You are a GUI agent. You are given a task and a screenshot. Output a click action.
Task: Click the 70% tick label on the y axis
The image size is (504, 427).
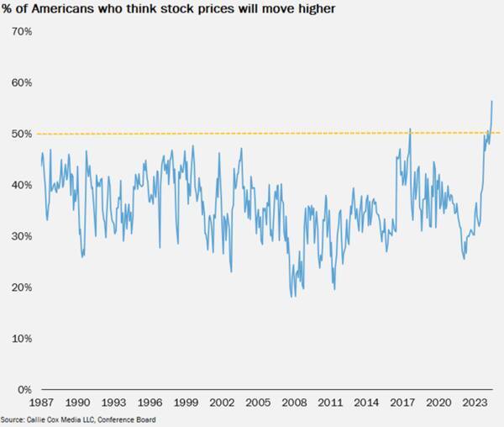(x=21, y=32)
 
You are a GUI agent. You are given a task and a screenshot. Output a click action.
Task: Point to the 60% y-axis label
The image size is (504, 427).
(x=21, y=83)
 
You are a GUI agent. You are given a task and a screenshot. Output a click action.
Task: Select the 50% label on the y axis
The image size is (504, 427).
(x=21, y=134)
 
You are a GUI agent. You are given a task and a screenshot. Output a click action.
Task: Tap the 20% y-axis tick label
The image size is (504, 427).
(x=21, y=287)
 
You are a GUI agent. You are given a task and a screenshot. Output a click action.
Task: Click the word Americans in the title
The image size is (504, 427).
(x=61, y=10)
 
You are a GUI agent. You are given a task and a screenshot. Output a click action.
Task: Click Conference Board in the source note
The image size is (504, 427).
(x=131, y=419)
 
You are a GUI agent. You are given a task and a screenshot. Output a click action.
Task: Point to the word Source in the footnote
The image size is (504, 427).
(x=12, y=419)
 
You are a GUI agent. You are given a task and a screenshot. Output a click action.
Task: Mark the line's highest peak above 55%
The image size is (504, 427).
(x=491, y=101)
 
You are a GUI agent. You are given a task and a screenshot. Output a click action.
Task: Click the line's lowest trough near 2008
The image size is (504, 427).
(x=291, y=296)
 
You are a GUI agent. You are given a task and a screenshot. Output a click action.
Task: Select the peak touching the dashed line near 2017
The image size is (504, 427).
(x=410, y=129)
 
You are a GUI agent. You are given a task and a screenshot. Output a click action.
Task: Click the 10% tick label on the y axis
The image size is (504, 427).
(x=21, y=339)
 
